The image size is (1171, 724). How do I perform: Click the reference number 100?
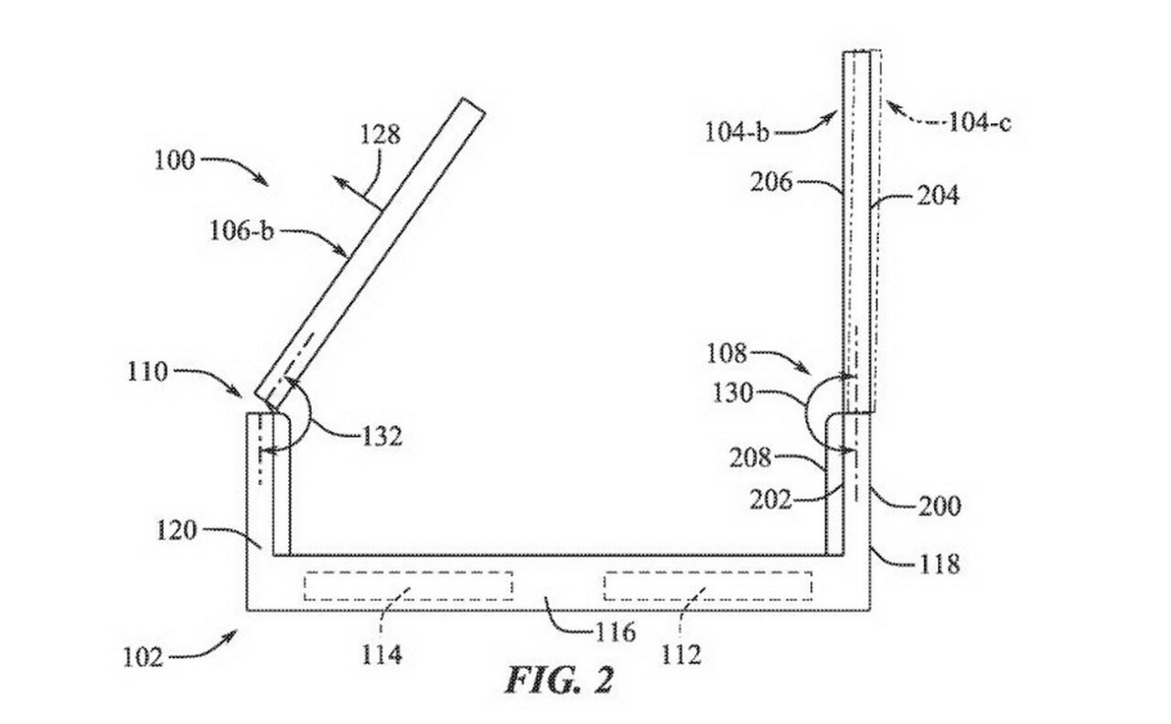pos(175,160)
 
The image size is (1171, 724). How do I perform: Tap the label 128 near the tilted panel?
pos(381,134)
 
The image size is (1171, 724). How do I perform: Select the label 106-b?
pos(242,230)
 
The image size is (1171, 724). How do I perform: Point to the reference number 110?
pos(147,372)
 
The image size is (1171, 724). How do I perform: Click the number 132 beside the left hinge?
pos(382,436)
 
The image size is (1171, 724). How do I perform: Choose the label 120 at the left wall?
pos(177,531)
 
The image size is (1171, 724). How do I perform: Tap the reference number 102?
pos(143,656)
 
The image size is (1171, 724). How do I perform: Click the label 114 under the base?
pos(382,654)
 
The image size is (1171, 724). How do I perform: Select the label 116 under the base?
pos(616,633)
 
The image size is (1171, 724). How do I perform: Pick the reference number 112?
pos(682,654)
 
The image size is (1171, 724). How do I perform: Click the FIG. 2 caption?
pos(559,679)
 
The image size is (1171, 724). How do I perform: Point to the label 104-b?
pos(737,132)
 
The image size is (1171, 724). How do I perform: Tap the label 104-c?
pos(980,122)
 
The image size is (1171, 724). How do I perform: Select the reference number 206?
pos(771,182)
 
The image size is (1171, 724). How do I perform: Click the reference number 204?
pos(939,196)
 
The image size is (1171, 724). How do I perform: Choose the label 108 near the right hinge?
pos(726,354)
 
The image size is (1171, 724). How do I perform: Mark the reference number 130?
pos(733,392)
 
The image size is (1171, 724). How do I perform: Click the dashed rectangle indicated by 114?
pos(408,586)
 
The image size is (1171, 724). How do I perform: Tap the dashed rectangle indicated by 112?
pos(708,586)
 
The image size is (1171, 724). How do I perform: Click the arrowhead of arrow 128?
pos(338,181)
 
